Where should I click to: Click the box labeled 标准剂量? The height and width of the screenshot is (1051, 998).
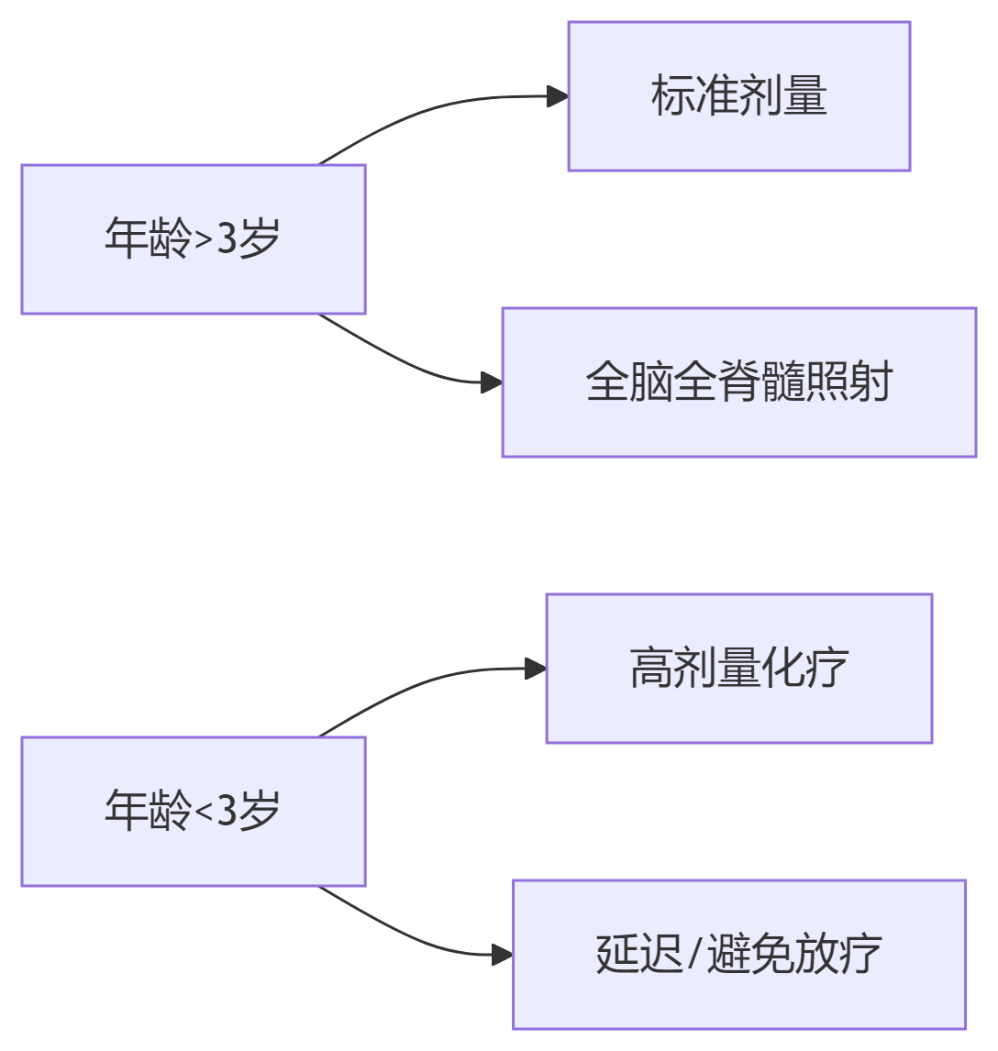738,96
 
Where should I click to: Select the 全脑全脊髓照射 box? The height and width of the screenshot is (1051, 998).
738,382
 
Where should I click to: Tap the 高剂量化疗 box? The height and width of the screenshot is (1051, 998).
738,669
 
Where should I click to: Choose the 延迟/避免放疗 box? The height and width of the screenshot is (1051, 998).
738,955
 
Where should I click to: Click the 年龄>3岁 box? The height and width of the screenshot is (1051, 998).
194,239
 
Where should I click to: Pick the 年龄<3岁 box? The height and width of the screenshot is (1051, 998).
194,812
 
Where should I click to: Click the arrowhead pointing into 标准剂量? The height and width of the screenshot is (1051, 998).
558,96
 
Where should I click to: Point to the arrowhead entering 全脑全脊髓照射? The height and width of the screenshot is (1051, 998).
492,382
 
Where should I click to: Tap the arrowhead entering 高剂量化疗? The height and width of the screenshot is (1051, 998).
536,669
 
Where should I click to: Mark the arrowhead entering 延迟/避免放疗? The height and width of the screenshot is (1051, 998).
502,955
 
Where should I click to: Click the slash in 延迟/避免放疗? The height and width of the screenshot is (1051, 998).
694,955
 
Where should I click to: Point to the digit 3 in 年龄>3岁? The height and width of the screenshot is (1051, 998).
227,239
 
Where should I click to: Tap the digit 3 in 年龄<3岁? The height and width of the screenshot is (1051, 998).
227,812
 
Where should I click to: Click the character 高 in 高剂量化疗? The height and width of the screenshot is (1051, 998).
651,669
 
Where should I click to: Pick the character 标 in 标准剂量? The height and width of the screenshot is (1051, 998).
673,96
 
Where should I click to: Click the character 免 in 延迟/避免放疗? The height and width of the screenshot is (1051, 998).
771,955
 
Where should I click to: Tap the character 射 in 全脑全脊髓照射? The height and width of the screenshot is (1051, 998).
870,382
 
